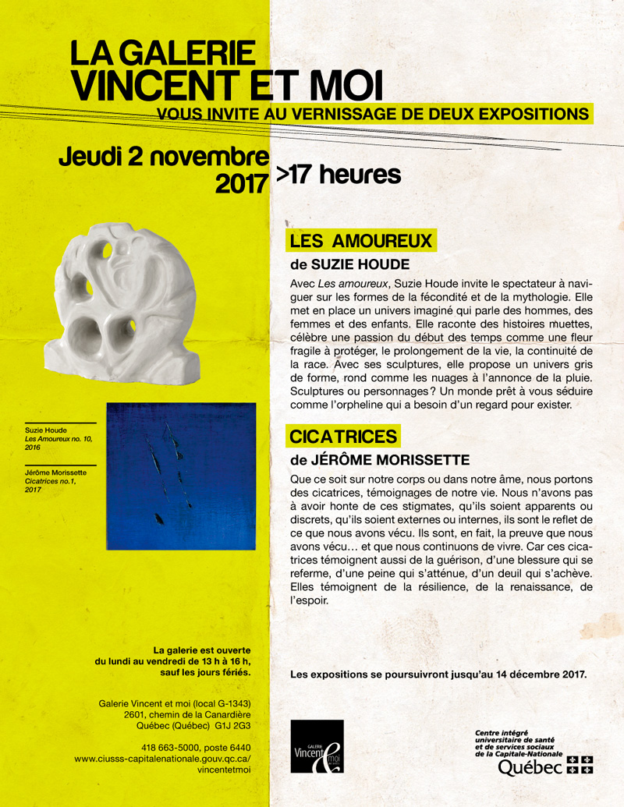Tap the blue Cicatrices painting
tap(180, 476)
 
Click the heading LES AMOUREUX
tap(360, 241)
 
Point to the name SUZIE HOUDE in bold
tap(360, 265)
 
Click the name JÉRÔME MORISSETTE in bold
tap(380, 460)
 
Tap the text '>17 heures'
tap(338, 175)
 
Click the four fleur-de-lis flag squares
tap(580, 765)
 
